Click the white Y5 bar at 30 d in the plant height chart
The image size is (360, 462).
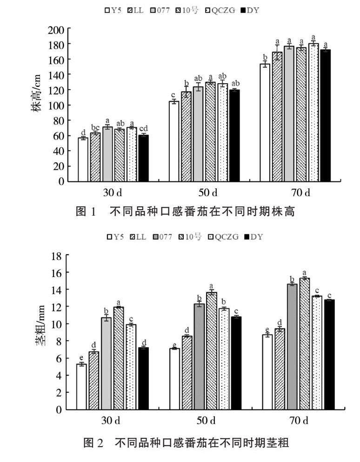(83, 159)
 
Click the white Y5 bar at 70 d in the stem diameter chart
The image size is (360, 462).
(267, 372)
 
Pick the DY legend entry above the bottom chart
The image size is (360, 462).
(253, 237)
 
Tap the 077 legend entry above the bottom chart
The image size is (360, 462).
(161, 237)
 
